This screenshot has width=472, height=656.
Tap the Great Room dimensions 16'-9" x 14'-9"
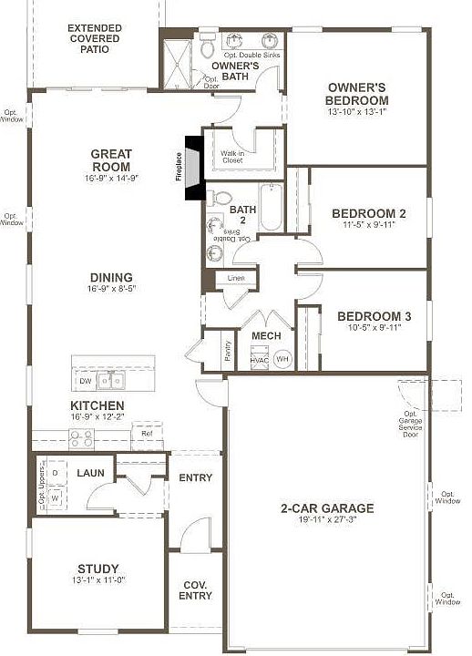tap(112, 179)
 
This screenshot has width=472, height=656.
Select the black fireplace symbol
tap(193, 167)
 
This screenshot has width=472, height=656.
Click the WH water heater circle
tap(282, 359)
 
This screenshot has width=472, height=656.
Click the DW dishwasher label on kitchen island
tap(86, 380)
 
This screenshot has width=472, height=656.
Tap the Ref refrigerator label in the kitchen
tap(146, 434)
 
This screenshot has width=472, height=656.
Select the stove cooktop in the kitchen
tap(81, 438)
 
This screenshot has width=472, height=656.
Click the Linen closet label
tap(236, 277)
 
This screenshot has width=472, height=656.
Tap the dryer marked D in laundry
tap(55, 474)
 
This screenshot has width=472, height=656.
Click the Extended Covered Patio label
tap(94, 38)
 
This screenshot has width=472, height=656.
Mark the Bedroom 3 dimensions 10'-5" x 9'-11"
tap(375, 330)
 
